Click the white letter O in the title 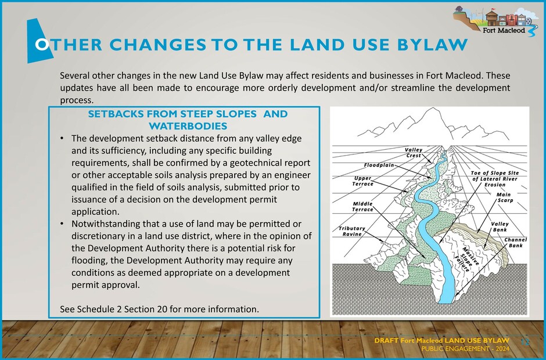pyautogui.click(x=42, y=45)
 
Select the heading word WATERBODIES pyautogui.click(x=188, y=126)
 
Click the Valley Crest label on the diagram pyautogui.click(x=414, y=153)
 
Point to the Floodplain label pyautogui.click(x=379, y=165)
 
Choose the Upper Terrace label pyautogui.click(x=363, y=181)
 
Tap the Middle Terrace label pyautogui.click(x=363, y=207)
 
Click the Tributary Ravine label pyautogui.click(x=351, y=231)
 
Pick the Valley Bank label pyautogui.click(x=500, y=227)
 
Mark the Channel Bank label pyautogui.click(x=515, y=243)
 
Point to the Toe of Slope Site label pyautogui.click(x=494, y=179)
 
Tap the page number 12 pyautogui.click(x=525, y=342)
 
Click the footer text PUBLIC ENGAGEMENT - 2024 pyautogui.click(x=465, y=349)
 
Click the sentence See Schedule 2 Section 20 pyautogui.click(x=160, y=309)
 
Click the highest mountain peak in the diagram pyautogui.click(x=433, y=108)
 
